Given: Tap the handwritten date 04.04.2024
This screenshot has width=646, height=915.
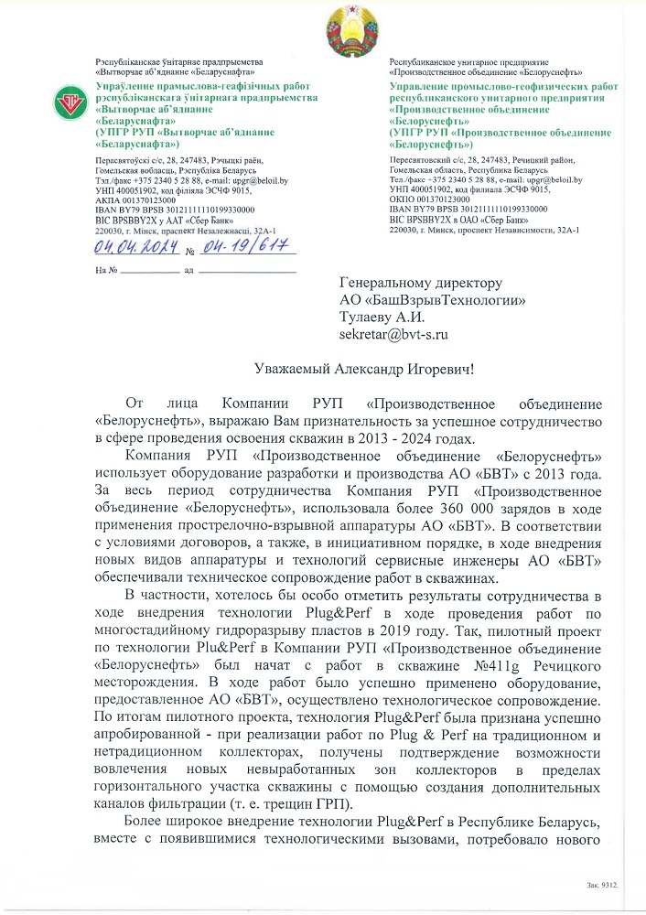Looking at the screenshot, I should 136,247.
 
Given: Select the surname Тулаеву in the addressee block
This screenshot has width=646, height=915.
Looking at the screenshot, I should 368,317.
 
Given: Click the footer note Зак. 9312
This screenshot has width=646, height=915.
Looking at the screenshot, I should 603,886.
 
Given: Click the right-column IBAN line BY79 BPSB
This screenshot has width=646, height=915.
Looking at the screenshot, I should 458,209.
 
